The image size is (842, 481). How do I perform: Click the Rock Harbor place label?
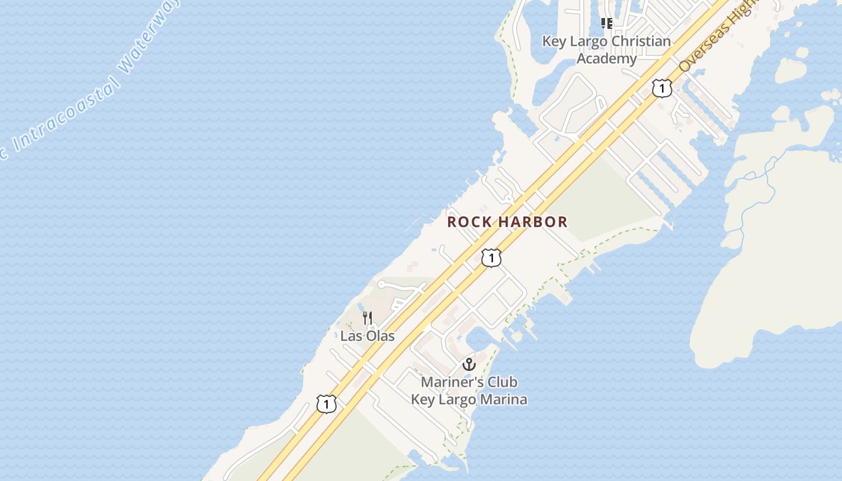[507, 222]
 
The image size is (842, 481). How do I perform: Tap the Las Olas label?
[367, 335]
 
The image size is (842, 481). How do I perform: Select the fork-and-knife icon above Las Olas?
[367, 317]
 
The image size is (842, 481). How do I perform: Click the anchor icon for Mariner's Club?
[469, 364]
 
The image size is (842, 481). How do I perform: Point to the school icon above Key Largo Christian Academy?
[606, 23]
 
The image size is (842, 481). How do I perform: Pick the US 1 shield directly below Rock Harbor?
[491, 258]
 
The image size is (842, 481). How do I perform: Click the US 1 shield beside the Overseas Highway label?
[662, 88]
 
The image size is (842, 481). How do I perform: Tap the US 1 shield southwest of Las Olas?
[326, 404]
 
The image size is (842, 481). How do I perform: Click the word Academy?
[606, 58]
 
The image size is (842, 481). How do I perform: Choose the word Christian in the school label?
[639, 41]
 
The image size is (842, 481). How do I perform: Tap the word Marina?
[502, 399]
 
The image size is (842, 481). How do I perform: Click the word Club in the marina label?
[502, 382]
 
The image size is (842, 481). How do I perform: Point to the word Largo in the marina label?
[455, 399]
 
